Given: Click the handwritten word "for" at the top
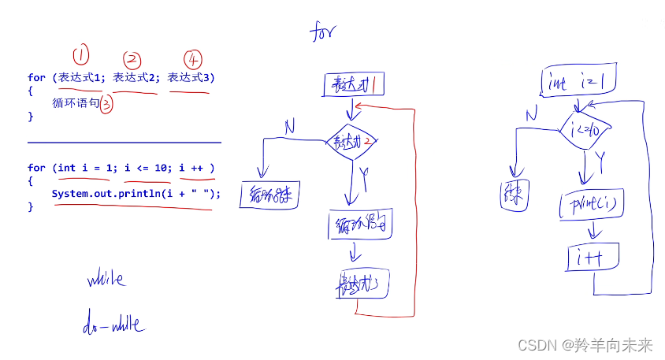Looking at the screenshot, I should point(323,33).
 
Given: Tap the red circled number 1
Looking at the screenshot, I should point(81,55).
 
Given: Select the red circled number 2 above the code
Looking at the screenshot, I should point(132,59).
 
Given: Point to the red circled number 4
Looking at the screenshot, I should point(193,59).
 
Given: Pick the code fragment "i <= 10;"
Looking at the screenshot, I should point(147,168).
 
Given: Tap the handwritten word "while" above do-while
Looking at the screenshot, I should point(106,279).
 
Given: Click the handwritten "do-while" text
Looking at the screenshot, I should point(113,324).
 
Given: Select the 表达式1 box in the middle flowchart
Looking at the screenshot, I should point(353,84).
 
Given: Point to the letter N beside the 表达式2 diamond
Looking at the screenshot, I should point(290,125).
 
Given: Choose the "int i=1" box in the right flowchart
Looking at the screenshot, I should point(578,82).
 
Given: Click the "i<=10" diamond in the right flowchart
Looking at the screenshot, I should point(581,129).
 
